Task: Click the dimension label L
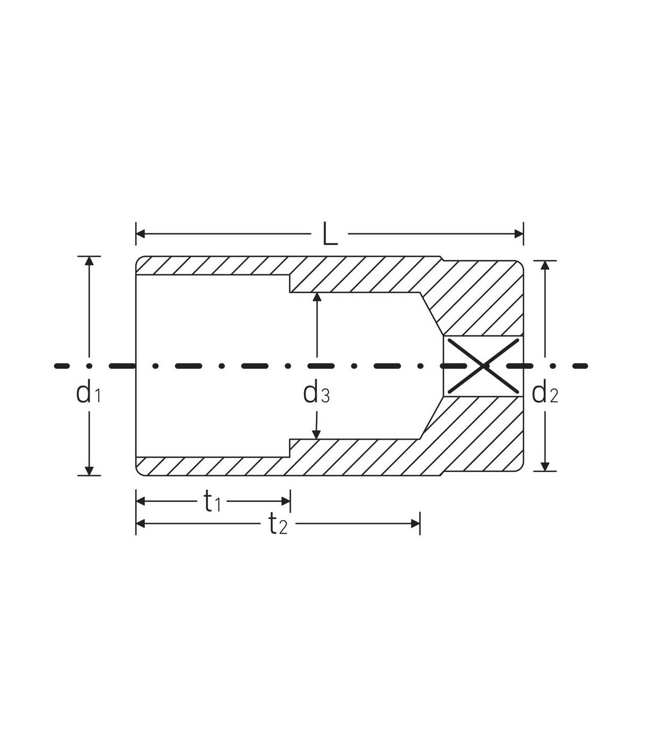pos(330,234)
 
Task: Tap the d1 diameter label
pos(89,393)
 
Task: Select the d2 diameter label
pos(545,393)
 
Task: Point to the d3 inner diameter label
pos(316,393)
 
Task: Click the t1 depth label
pos(212,501)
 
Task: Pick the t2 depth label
pos(278,524)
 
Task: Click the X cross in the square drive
pos(483,366)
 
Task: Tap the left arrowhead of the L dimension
pos(140,234)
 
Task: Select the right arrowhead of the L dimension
pos(519,234)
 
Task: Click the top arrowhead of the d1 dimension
pos(89,261)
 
